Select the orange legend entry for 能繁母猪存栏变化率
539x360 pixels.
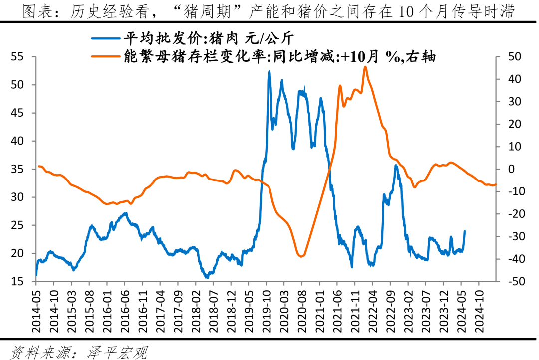pos(279,56)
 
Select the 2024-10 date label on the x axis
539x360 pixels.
pos(479,312)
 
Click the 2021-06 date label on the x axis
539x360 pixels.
pos(337,312)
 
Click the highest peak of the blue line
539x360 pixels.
pos(269,71)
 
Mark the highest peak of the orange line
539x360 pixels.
pos(365,67)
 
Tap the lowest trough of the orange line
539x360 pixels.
pos(301,257)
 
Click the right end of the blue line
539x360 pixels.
pos(465,231)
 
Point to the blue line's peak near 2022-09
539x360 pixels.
pos(396,165)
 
